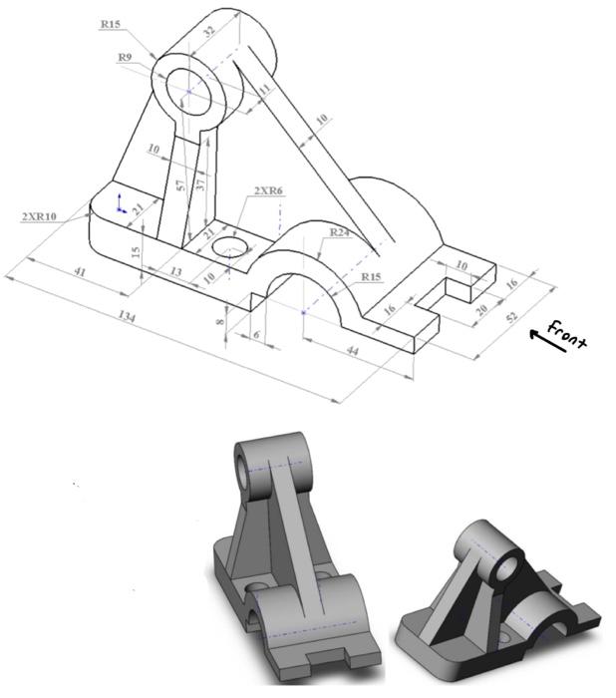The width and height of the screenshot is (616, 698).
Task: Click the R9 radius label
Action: click(126, 58)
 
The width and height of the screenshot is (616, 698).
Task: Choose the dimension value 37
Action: click(201, 182)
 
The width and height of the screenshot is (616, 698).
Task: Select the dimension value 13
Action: click(174, 270)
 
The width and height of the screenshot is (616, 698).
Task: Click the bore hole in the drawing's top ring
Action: click(191, 90)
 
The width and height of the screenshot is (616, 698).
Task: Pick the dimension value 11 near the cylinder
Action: click(264, 90)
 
